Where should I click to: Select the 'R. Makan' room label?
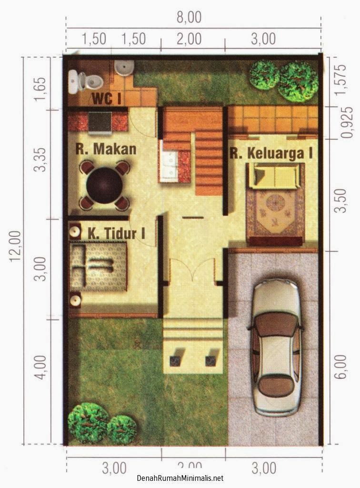click(x=106, y=149)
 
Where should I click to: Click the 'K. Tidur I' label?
click(x=117, y=234)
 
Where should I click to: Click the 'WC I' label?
click(x=106, y=99)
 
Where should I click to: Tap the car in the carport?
click(x=276, y=348)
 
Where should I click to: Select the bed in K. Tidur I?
click(x=99, y=265)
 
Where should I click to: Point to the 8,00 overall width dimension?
click(x=189, y=17)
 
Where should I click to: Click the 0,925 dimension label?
click(x=347, y=123)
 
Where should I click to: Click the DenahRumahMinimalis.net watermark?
click(x=180, y=478)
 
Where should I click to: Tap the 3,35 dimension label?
click(x=41, y=160)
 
